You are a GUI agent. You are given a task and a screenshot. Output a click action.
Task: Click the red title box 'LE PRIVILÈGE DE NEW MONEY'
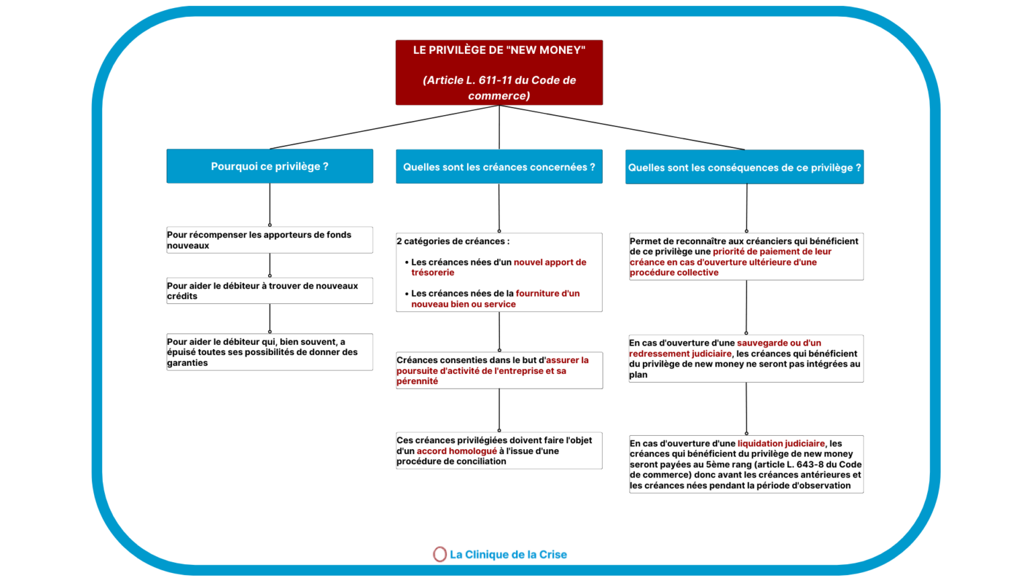(x=499, y=72)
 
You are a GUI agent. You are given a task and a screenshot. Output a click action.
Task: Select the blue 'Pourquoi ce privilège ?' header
(x=269, y=166)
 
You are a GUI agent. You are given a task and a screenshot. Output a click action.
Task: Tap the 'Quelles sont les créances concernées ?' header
(x=499, y=167)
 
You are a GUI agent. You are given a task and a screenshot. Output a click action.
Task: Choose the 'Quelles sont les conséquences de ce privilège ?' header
(x=744, y=167)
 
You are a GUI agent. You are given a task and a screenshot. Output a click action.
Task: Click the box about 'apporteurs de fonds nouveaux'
(x=269, y=240)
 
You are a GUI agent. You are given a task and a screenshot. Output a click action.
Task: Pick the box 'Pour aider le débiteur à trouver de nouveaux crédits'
(x=269, y=290)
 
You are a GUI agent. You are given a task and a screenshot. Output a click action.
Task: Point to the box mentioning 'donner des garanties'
(x=269, y=352)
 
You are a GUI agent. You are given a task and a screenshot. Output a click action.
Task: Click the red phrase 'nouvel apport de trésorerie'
(x=549, y=262)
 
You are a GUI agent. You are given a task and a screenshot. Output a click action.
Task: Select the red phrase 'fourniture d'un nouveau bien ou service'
(x=547, y=294)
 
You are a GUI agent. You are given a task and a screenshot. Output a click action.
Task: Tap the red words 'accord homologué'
(x=457, y=451)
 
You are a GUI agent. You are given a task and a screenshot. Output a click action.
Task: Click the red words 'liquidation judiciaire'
(x=781, y=444)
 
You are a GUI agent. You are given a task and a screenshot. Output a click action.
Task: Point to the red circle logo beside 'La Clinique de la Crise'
(x=439, y=554)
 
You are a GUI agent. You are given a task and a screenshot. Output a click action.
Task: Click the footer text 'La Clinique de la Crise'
(x=508, y=555)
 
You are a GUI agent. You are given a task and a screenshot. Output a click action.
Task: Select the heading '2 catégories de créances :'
(x=453, y=241)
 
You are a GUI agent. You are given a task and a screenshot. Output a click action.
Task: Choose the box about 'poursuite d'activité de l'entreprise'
(x=499, y=371)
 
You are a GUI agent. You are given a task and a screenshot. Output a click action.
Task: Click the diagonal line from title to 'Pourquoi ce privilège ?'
(x=383, y=127)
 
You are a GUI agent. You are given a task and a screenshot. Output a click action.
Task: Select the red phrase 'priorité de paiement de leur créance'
(x=771, y=252)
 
